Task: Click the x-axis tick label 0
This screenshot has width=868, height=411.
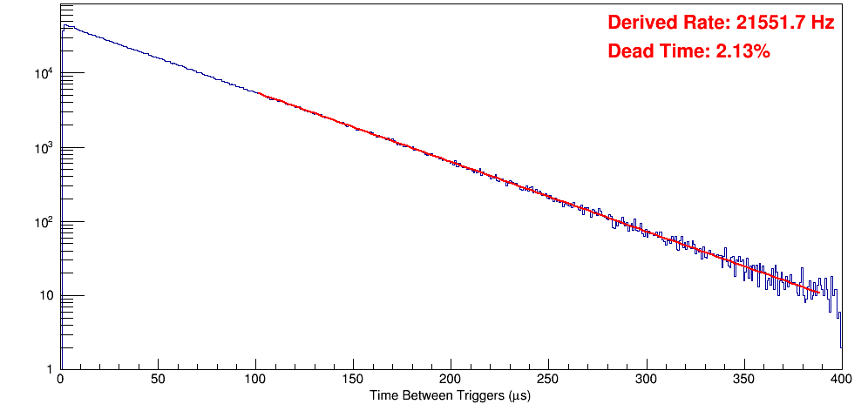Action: pyautogui.click(x=59, y=380)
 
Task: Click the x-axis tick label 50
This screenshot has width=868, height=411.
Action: pyautogui.click(x=158, y=380)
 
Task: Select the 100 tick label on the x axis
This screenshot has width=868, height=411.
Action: pyautogui.click(x=255, y=380)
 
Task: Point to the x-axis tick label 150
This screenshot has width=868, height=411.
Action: pyautogui.click(x=353, y=380)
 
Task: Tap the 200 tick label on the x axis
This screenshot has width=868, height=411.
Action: pyautogui.click(x=451, y=380)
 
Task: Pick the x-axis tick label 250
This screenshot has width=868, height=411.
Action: pyautogui.click(x=548, y=380)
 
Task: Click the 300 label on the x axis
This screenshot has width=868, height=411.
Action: pyautogui.click(x=646, y=380)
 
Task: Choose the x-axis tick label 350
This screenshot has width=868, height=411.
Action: pyautogui.click(x=743, y=380)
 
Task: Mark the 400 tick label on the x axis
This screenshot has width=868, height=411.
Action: pyautogui.click(x=840, y=380)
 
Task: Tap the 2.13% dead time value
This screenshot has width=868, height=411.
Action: pyautogui.click(x=743, y=51)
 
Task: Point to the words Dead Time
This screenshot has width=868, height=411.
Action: pyautogui.click(x=656, y=51)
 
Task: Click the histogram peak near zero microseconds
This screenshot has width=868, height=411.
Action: pyautogui.click(x=64, y=26)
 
